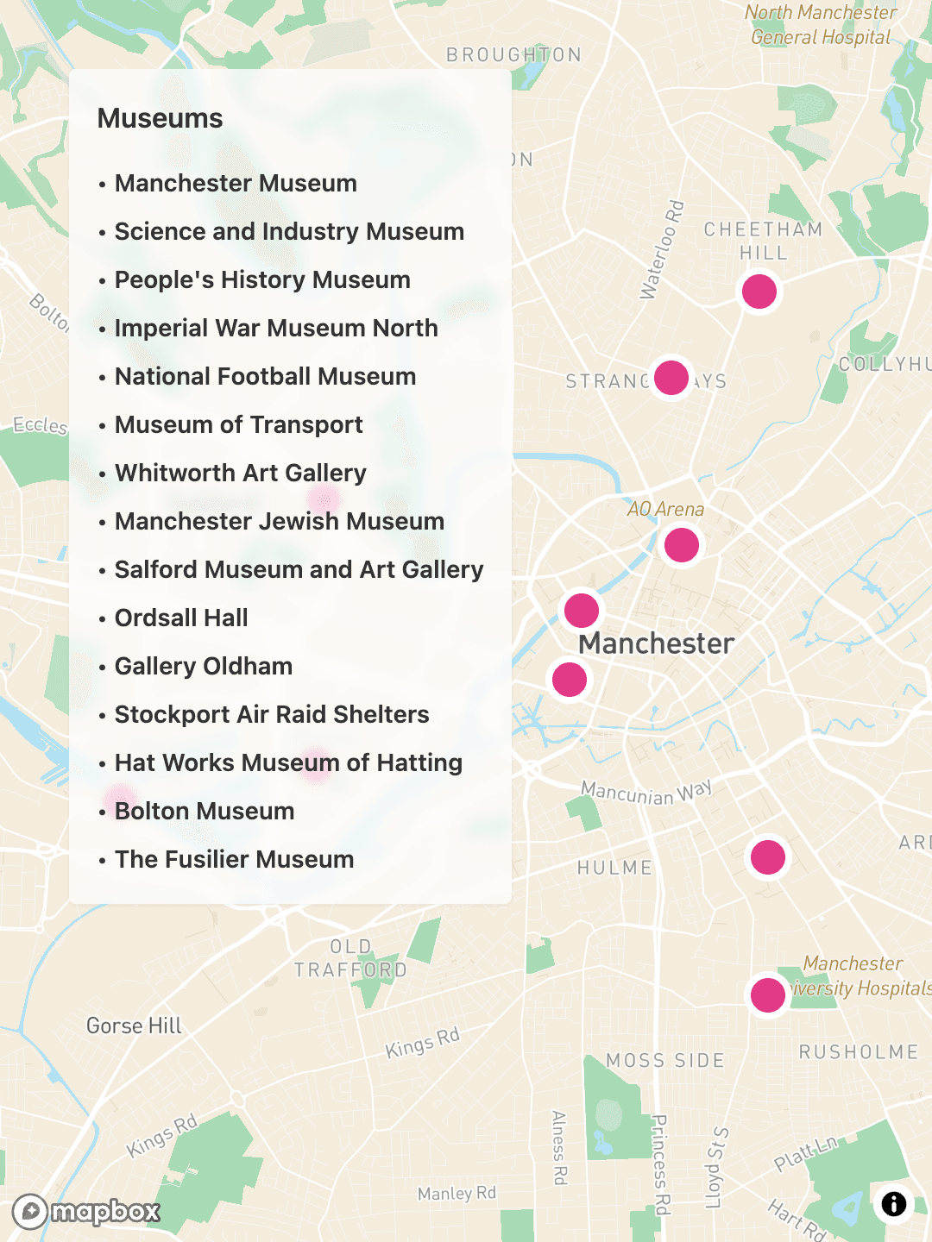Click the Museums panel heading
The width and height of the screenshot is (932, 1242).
point(160,118)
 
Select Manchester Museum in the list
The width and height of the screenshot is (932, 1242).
point(235,183)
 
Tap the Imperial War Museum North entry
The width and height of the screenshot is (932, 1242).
point(275,328)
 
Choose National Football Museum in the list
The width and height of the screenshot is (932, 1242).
point(265,376)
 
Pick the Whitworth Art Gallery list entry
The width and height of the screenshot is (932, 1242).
point(240,473)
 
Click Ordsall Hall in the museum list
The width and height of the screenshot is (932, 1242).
point(181,618)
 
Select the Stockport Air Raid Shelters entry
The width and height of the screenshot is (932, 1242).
point(271,714)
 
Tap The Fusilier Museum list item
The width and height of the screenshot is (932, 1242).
point(234,859)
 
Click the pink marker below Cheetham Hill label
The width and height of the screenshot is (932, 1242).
point(759,292)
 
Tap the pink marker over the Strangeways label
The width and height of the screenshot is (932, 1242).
point(671,377)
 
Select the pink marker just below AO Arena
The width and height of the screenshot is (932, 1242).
point(682,545)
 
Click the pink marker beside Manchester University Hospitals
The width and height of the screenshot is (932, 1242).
point(767,994)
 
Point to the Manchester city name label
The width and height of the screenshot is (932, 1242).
point(656,643)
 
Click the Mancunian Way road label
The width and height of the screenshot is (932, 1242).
point(645,792)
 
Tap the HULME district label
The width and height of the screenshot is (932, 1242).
point(614,868)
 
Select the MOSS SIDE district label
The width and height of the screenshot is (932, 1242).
point(664,1060)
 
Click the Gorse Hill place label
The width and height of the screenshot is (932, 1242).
point(134,1026)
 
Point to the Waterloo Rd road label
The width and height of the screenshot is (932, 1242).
point(662,250)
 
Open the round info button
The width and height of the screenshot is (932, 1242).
point(893,1203)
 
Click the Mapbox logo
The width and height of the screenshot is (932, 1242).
point(87,1212)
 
